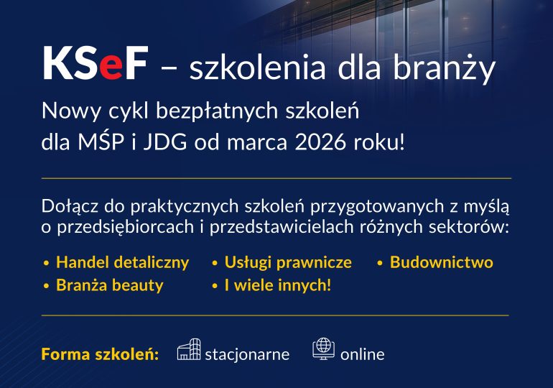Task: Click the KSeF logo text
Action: [95, 65]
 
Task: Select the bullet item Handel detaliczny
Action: [122, 262]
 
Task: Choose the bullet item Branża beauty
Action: [109, 285]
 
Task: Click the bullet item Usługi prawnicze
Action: [288, 262]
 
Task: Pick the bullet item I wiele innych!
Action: [278, 285]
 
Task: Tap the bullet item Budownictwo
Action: [441, 262]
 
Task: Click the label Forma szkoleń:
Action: [100, 354]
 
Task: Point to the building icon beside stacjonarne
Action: [188, 350]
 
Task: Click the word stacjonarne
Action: [247, 354]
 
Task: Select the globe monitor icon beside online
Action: [324, 349]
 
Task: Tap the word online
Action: [362, 354]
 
